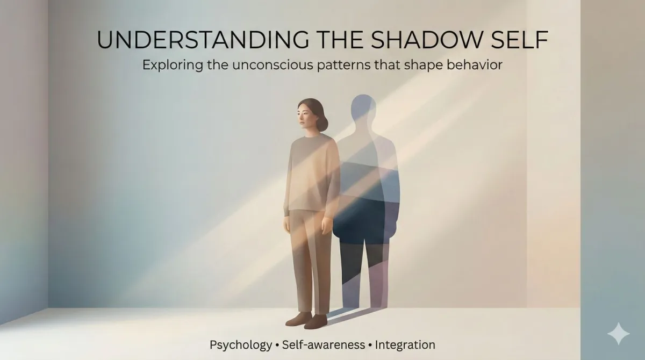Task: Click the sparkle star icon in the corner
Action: [x=618, y=333]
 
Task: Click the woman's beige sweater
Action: [x=311, y=172]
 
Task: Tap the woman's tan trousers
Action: [x=311, y=258]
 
